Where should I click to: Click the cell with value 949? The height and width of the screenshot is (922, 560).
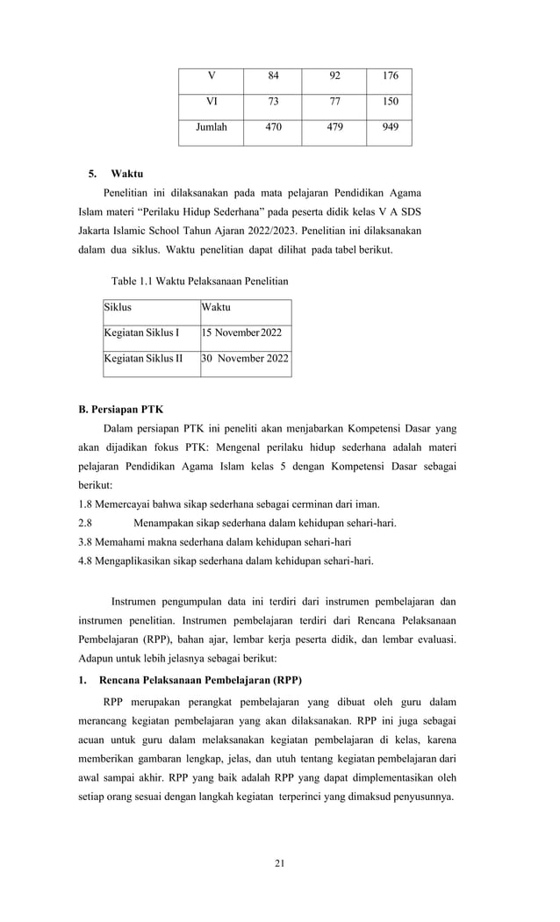tap(390, 127)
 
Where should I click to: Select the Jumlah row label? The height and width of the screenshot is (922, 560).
tap(211, 127)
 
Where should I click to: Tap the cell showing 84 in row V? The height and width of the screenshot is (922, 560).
tap(274, 75)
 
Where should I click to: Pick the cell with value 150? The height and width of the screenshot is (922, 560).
tap(390, 101)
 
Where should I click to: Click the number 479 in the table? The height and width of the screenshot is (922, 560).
tap(334, 127)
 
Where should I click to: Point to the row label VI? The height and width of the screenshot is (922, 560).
tap(211, 101)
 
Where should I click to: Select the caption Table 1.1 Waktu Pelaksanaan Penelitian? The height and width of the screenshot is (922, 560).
tap(199, 282)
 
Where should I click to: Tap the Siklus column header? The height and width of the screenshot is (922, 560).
tap(118, 308)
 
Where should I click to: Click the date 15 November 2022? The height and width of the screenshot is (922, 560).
tap(242, 332)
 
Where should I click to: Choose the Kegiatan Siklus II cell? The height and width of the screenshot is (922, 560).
tap(143, 358)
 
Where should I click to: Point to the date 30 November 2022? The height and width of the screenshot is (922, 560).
tap(245, 358)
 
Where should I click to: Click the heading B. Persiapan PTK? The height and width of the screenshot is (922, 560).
tap(120, 409)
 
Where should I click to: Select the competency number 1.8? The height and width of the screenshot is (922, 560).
tap(86, 504)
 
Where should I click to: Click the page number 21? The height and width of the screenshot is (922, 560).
tap(279, 865)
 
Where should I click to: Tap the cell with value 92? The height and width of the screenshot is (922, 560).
tap(334, 75)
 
